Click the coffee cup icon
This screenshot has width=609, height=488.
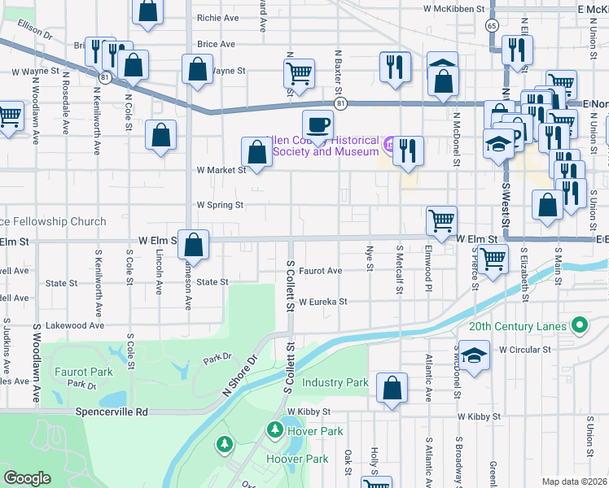[x=318, y=124]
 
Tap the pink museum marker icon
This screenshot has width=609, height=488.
[x=389, y=146]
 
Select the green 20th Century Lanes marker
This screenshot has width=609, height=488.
[x=579, y=326]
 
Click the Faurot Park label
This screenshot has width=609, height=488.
[x=83, y=371]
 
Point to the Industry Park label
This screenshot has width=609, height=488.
[x=335, y=382]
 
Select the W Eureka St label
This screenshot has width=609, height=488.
[x=322, y=302]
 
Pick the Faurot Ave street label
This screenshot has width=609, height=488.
[x=320, y=271]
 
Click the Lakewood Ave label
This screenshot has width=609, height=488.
[x=75, y=325]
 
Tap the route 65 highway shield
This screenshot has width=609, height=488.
[x=492, y=26]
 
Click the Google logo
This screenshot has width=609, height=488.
[x=27, y=478]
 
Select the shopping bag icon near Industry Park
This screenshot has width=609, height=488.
[x=392, y=389]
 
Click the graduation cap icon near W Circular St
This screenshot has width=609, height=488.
[x=474, y=356]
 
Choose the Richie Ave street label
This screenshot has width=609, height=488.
[x=217, y=17]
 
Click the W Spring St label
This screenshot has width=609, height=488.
[x=219, y=206]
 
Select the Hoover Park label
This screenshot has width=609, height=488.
[x=297, y=459]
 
